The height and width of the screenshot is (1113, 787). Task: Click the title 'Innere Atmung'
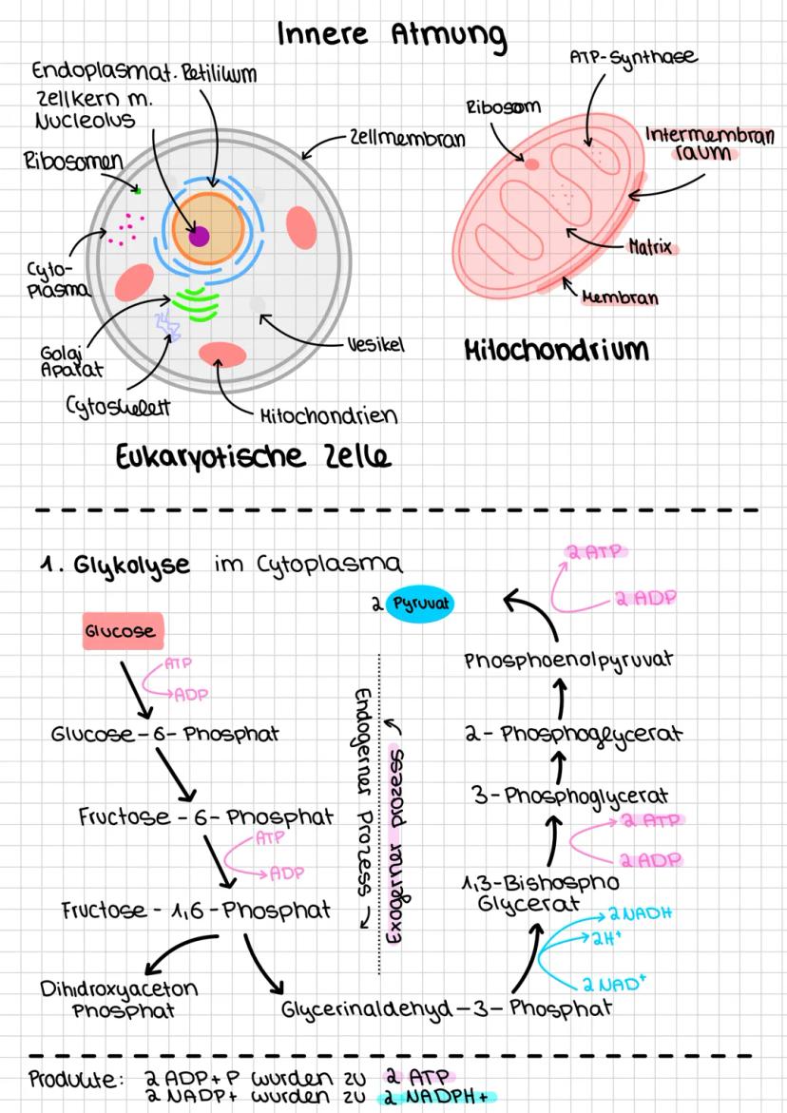pyautogui.click(x=392, y=35)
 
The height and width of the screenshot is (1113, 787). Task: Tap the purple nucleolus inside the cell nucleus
pyautogui.click(x=199, y=236)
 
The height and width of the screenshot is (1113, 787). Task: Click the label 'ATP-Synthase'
pyautogui.click(x=633, y=59)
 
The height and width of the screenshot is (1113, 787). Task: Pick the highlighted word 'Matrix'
pyautogui.click(x=650, y=248)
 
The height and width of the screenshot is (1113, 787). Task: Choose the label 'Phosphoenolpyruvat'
pyautogui.click(x=569, y=661)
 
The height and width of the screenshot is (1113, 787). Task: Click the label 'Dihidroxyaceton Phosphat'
pyautogui.click(x=119, y=998)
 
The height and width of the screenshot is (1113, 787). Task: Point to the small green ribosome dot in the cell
pyautogui.click(x=138, y=191)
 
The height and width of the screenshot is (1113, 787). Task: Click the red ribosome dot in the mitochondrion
pyautogui.click(x=532, y=164)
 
